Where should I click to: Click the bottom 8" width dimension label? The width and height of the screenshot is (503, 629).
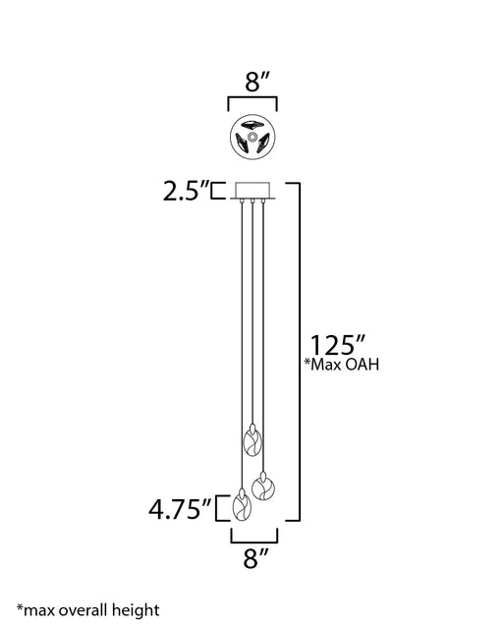tap(255, 558)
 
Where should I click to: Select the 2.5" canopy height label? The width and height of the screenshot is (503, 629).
tap(186, 191)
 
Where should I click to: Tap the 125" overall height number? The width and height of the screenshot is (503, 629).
tap(337, 345)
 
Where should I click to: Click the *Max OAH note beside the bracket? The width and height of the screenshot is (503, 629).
tap(341, 365)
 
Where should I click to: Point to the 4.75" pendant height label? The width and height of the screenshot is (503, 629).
tap(180, 509)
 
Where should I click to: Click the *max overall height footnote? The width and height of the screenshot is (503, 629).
tap(87, 610)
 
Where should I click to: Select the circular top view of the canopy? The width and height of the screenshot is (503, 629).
tap(252, 137)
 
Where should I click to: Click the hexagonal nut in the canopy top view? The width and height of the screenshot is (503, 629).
tap(252, 136)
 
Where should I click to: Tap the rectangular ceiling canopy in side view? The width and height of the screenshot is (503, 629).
tap(252, 191)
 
